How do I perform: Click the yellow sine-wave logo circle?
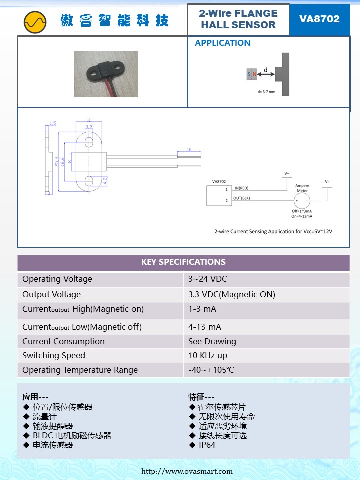(35, 21)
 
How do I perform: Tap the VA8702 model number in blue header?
(319, 19)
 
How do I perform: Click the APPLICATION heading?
(222, 43)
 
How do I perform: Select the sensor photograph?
(105, 73)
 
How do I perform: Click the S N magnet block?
(252, 74)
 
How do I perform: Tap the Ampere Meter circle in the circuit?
(302, 201)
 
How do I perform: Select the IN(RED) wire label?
(241, 188)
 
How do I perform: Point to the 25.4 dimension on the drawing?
(57, 162)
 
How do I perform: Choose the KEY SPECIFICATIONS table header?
(183, 262)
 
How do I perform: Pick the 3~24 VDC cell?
(208, 279)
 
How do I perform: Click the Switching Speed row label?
(54, 355)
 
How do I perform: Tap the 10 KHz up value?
(208, 355)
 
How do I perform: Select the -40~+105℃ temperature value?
(211, 370)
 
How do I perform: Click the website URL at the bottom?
(187, 471)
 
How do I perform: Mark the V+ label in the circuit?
(287, 173)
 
